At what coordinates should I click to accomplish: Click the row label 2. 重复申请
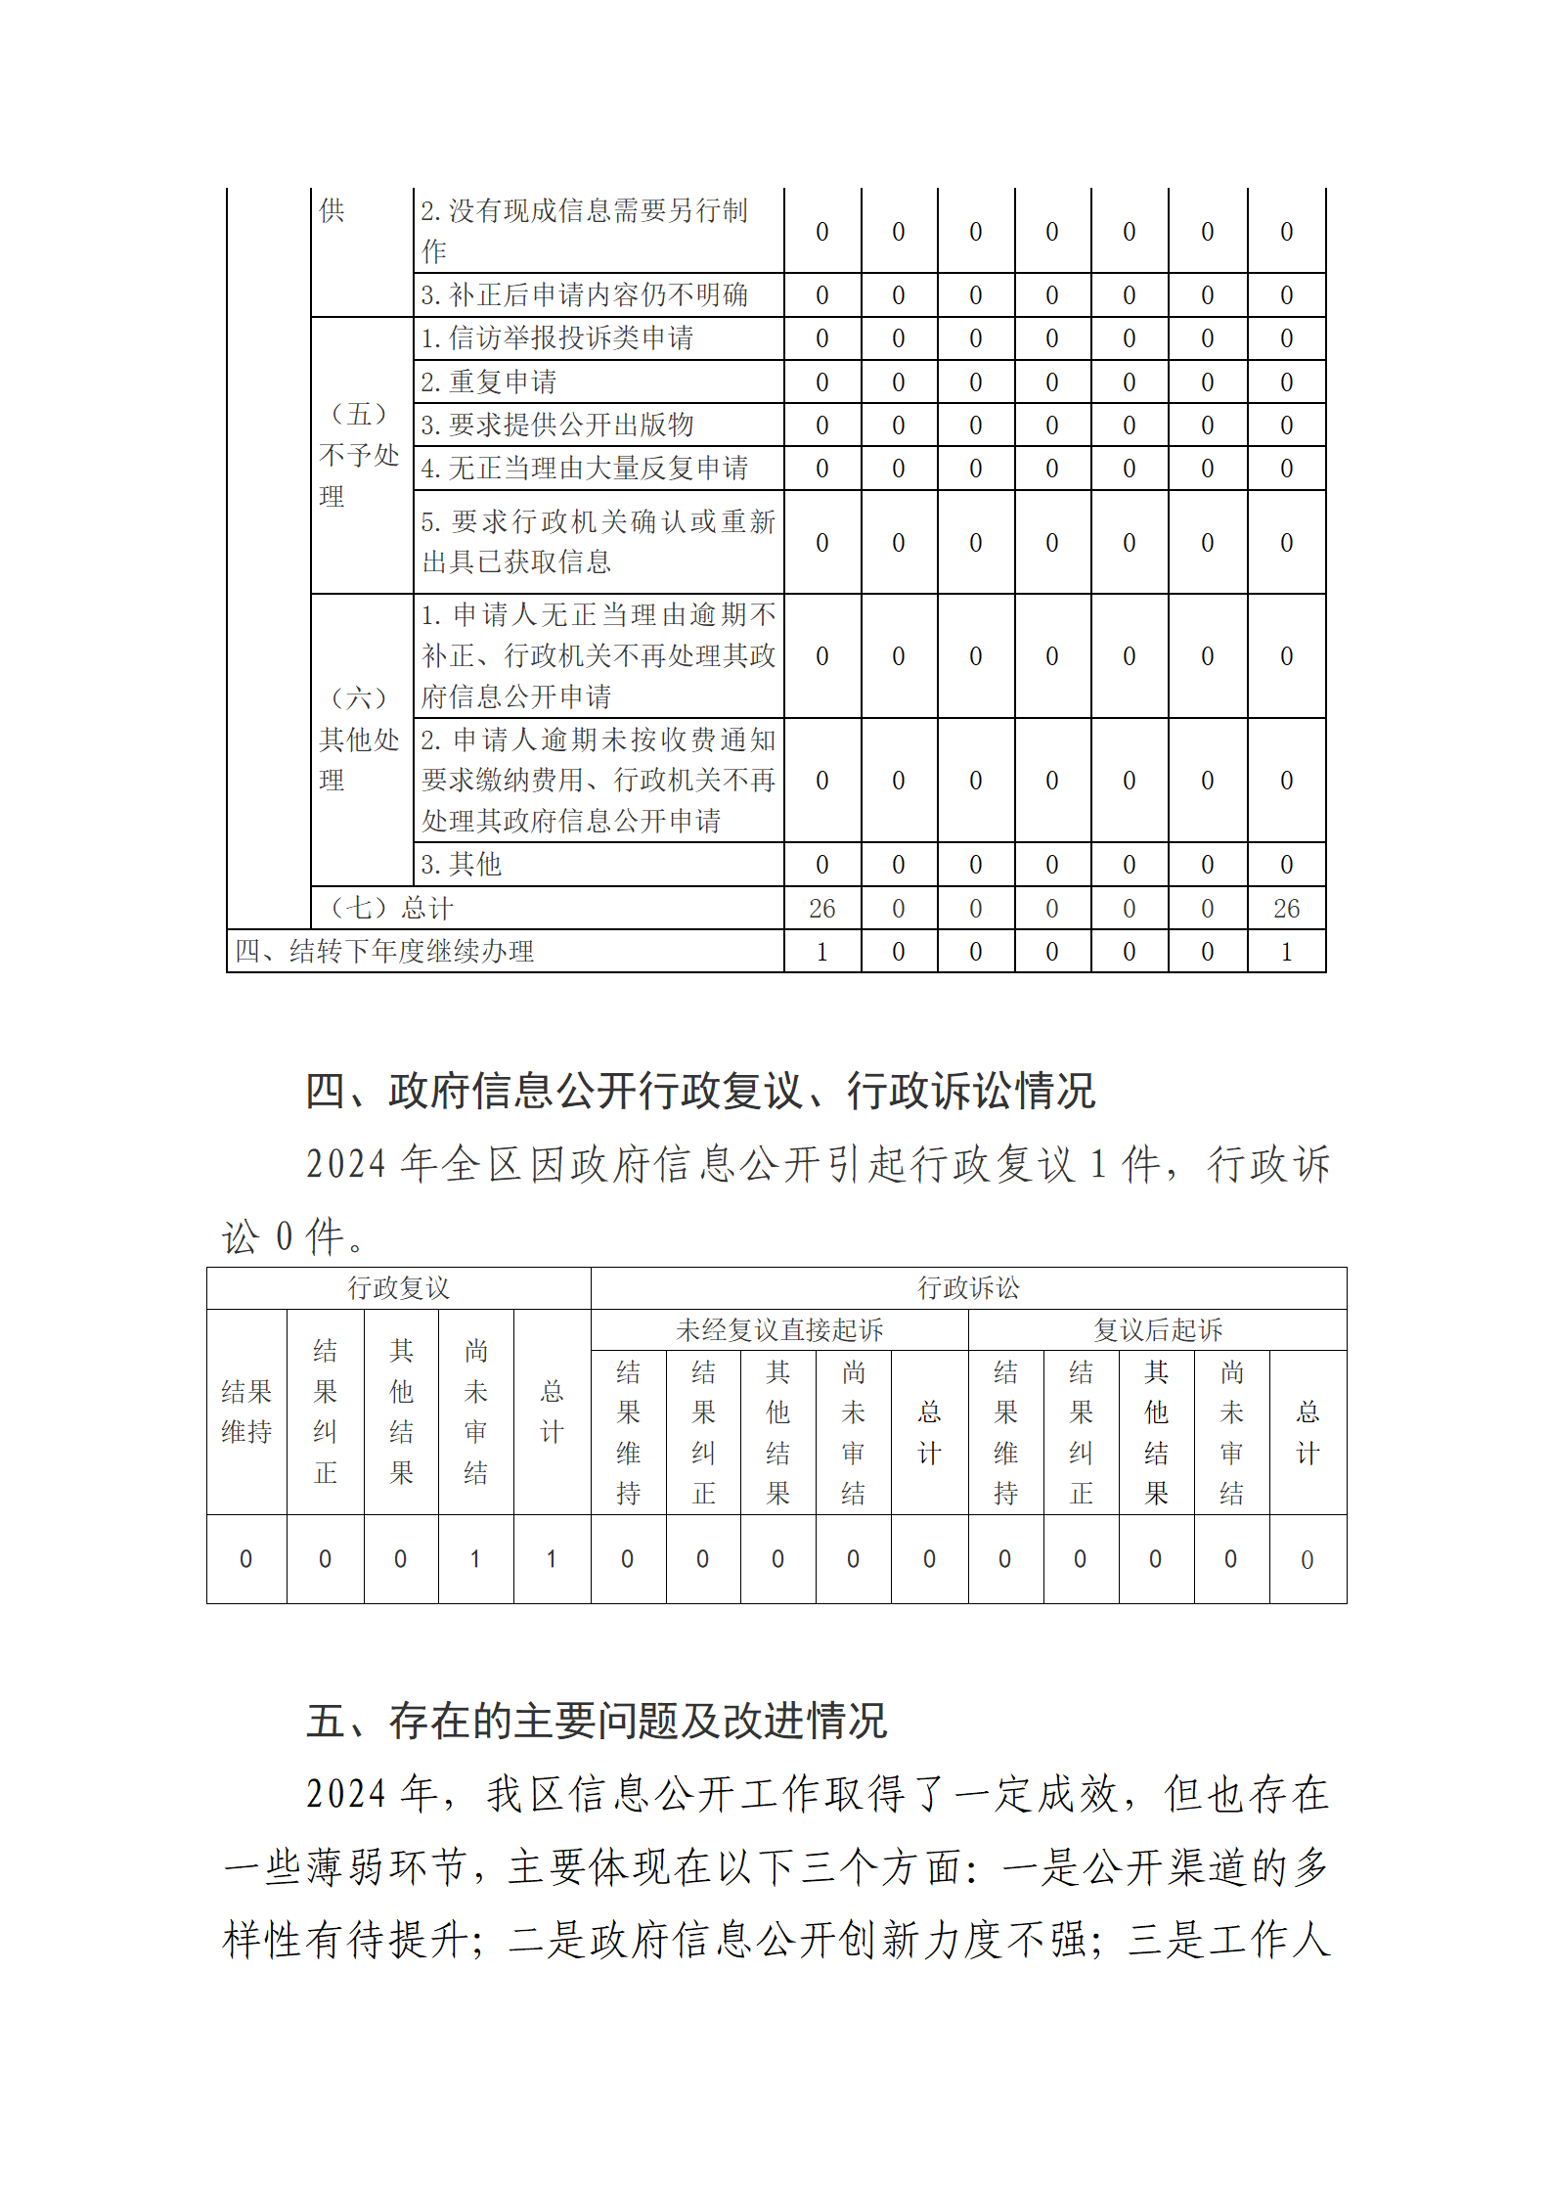489,381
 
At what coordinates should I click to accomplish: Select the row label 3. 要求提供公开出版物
557,425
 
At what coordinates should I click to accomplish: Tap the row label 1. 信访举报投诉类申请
557,338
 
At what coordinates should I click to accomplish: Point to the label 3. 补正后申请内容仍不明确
585,294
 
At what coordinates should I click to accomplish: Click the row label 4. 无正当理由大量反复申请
585,469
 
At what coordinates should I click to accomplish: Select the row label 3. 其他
462,864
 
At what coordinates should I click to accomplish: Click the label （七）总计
391,908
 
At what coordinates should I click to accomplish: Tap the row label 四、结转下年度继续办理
384,951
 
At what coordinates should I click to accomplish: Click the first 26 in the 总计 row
821,909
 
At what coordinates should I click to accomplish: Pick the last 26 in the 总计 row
1286,909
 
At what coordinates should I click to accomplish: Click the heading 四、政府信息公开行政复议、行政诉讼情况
700,1091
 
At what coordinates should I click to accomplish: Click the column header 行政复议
398,1288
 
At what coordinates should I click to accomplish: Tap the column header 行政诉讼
968,1288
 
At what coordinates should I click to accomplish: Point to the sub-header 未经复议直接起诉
779,1330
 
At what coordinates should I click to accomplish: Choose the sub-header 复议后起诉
1158,1330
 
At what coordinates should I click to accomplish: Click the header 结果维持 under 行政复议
246,1412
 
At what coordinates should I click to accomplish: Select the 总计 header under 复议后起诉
1308,1432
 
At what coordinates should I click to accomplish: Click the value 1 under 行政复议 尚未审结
475,1559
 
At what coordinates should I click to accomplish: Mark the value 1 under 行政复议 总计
552,1559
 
